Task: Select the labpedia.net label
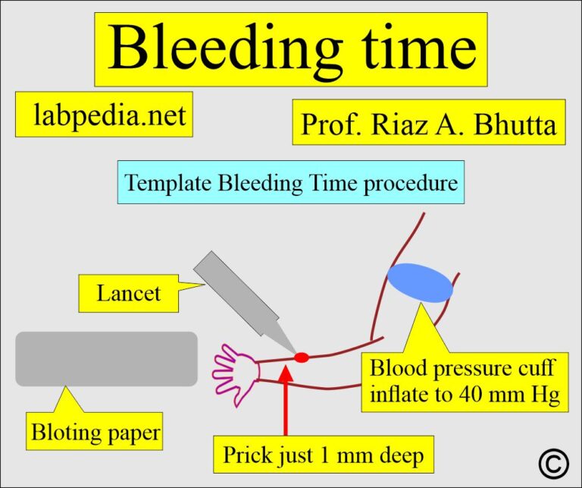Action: coord(104,115)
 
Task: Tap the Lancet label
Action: coord(128,293)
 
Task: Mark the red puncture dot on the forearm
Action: coord(302,357)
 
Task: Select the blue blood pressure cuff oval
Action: coord(420,282)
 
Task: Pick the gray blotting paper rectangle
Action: coord(106,359)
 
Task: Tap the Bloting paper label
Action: coord(95,433)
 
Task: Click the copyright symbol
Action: coord(554,462)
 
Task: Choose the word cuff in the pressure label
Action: coord(534,369)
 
